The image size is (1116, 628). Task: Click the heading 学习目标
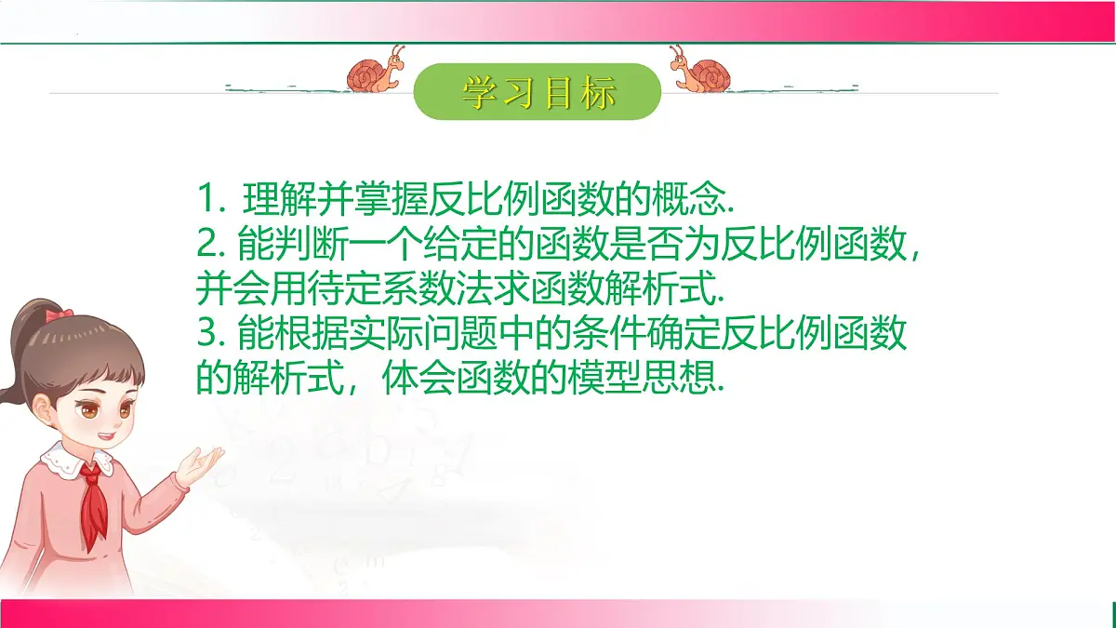pos(538,92)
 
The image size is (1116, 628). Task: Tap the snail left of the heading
pos(375,71)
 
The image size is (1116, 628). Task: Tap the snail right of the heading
pos(702,71)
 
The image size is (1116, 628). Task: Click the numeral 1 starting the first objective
pos(206,200)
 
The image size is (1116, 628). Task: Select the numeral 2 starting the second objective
pos(206,246)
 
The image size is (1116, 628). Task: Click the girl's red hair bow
pos(60,315)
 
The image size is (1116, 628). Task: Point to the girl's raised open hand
pos(200,463)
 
